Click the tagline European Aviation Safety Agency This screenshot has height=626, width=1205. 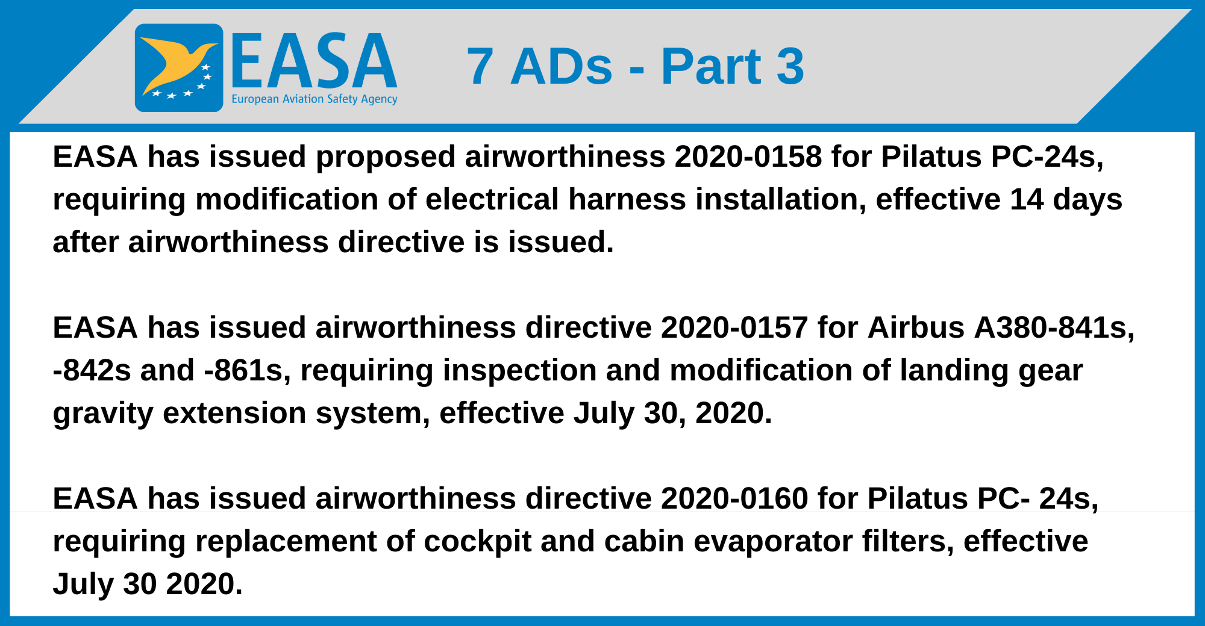point(315,99)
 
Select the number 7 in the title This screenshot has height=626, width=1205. point(480,66)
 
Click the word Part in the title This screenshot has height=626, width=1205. point(711,66)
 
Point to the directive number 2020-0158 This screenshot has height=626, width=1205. point(748,157)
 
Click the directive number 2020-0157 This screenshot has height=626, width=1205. point(734,328)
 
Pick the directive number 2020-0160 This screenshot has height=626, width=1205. point(734,499)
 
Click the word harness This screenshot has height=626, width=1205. point(627,200)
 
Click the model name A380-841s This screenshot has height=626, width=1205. point(1054,328)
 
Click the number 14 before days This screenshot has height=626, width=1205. point(1027,200)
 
